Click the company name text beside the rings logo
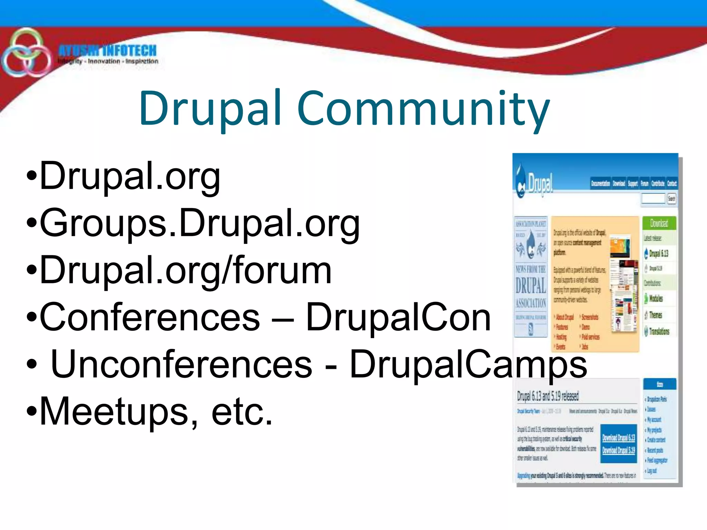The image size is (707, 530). click(108, 51)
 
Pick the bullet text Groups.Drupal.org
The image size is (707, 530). click(200, 224)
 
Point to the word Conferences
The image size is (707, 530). click(150, 317)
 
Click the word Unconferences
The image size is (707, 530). click(181, 364)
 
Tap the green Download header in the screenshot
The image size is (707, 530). click(659, 224)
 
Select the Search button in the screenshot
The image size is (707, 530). click(671, 199)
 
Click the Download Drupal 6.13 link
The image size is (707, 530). click(619, 438)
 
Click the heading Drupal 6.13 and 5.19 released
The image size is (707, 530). click(548, 396)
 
